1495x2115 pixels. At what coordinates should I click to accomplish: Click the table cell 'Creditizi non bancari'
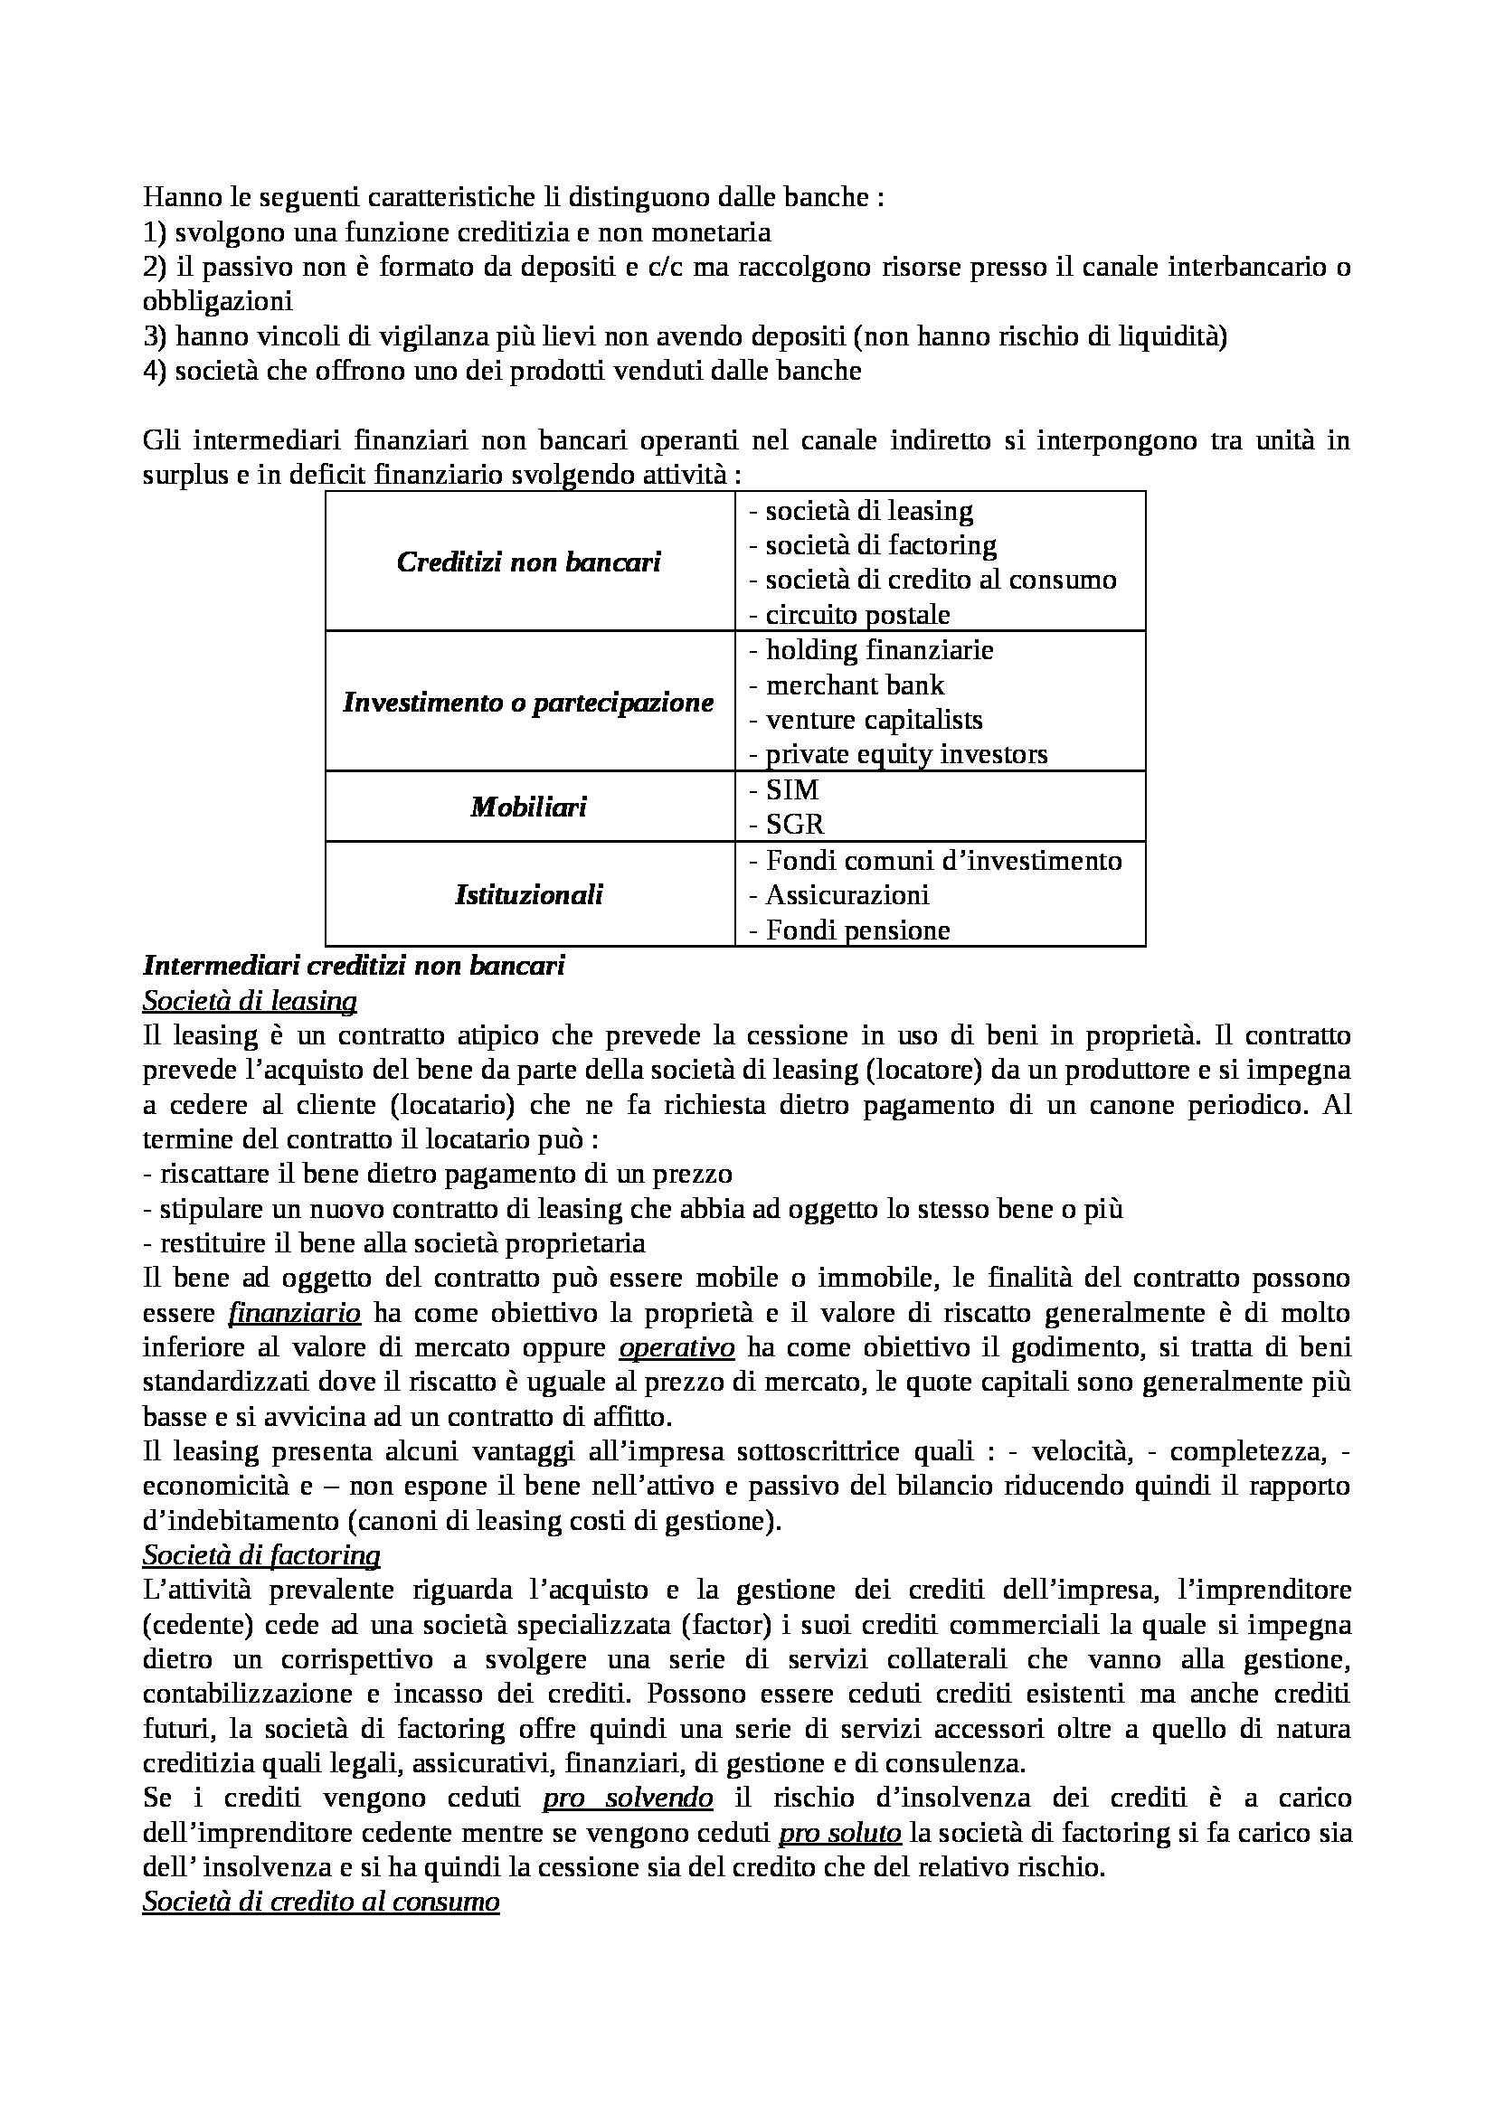tap(529, 562)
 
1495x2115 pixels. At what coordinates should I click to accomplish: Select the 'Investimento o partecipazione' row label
tap(529, 702)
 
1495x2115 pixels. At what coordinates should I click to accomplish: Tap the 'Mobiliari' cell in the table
tap(529, 807)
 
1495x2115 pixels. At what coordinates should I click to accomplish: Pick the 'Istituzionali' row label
tap(529, 894)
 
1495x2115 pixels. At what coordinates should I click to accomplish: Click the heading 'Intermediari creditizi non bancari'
tap(354, 966)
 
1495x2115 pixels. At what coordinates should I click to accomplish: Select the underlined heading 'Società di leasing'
tap(250, 1000)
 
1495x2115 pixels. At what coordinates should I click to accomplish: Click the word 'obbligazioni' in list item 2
tap(217, 301)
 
